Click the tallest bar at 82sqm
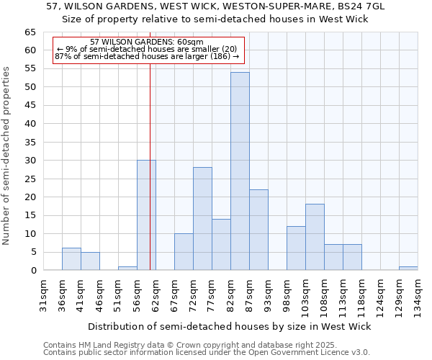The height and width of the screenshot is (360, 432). coord(240,171)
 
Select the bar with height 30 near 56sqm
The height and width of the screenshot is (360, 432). coord(146,215)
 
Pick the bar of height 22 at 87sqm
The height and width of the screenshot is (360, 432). coord(258,230)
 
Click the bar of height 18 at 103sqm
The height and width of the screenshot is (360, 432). coord(315,237)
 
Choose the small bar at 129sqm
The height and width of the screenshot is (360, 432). coord(408,269)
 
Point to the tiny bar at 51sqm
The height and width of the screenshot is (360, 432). coord(127,269)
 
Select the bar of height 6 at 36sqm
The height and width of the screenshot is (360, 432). coord(71,259)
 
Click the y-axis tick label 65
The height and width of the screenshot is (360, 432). coord(30,32)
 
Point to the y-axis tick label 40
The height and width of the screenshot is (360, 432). coord(30,124)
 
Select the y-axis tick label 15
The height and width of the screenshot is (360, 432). coord(30,215)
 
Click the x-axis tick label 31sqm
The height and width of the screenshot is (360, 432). coord(43,294)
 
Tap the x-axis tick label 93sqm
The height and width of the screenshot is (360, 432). coord(268,294)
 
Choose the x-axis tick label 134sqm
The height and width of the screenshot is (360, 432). coord(418,296)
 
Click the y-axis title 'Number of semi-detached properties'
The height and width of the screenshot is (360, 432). coord(6,156)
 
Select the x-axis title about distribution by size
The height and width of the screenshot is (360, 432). coord(230,326)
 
